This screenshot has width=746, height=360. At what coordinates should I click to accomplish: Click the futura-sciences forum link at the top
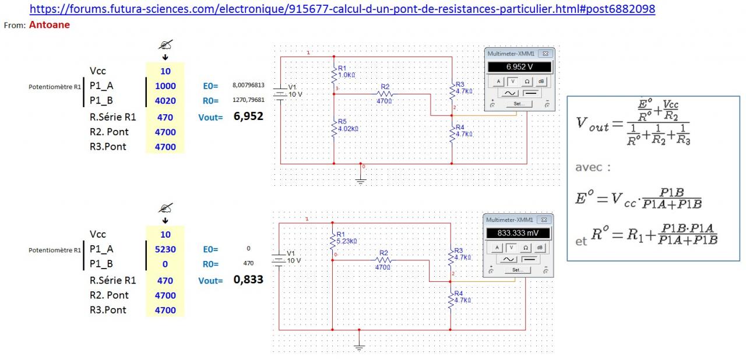click(342, 9)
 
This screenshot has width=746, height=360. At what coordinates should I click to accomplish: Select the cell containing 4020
click(166, 101)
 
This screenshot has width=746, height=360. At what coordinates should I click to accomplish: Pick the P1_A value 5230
click(166, 249)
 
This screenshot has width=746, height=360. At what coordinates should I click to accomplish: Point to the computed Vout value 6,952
click(248, 117)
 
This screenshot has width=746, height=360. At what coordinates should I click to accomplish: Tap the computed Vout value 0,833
click(248, 280)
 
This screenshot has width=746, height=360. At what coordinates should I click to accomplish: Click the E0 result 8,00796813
click(248, 85)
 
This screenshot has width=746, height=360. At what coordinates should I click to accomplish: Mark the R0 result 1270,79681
click(248, 100)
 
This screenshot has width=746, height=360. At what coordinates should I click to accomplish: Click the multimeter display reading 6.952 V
click(520, 67)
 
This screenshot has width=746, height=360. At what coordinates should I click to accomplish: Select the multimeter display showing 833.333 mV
click(519, 233)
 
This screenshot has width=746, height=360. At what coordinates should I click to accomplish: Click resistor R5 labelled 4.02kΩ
click(335, 129)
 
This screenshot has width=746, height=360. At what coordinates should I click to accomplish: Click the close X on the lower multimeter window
click(545, 220)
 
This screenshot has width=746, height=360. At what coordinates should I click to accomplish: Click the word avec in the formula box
click(593, 167)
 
